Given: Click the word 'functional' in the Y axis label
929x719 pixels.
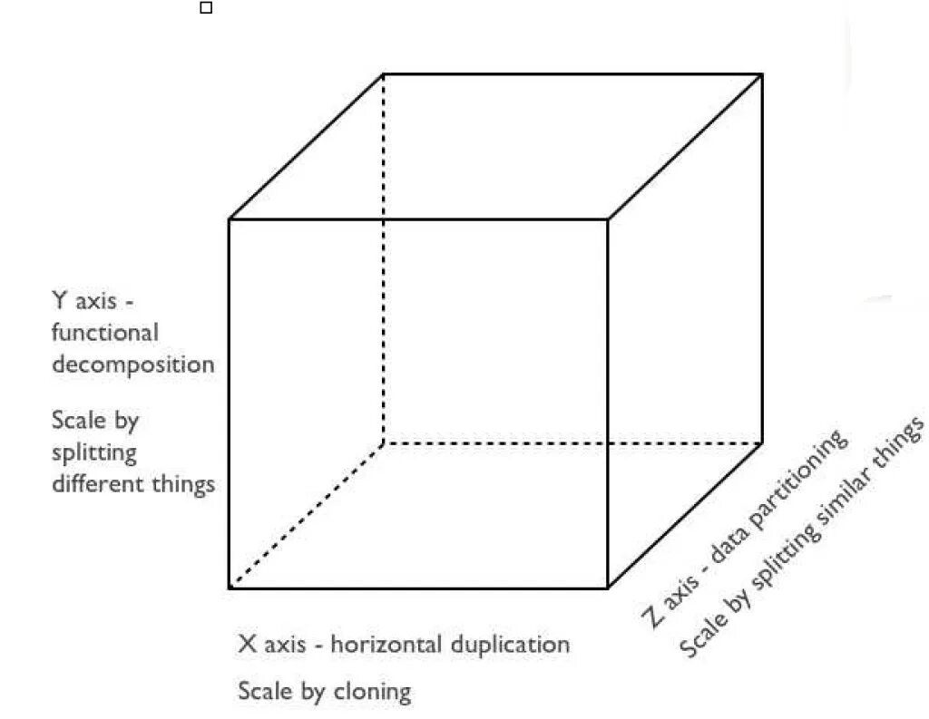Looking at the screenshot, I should (x=104, y=333).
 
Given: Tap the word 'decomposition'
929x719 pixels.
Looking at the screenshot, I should (x=133, y=365).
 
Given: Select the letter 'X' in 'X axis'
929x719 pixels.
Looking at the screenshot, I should (x=247, y=645).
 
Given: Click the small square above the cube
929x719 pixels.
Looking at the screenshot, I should (x=206, y=8).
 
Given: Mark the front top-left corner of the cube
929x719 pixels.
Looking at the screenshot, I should (x=229, y=219).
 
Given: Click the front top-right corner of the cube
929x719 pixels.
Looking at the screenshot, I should (x=607, y=219).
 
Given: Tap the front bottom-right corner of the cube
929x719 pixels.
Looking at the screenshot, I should (x=607, y=588).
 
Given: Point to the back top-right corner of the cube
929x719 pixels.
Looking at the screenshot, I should (x=762, y=74).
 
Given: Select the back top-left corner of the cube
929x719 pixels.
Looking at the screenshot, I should (x=383, y=74).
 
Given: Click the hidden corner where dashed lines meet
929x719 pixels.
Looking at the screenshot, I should (x=383, y=443).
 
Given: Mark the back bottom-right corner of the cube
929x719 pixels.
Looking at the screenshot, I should (x=762, y=442).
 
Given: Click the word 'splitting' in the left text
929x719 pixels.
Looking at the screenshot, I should (x=94, y=452).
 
